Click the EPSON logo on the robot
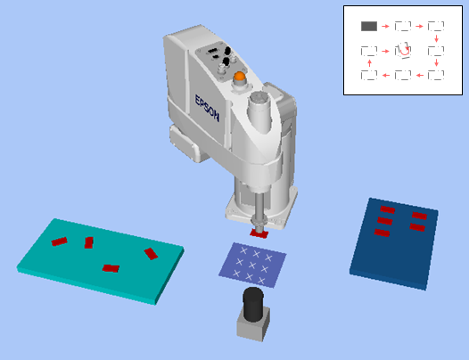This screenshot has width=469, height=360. coord(207,108)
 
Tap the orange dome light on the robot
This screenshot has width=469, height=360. coord(240,76)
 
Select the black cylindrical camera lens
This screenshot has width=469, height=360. coord(253,304)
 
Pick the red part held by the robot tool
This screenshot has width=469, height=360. coord(259,233)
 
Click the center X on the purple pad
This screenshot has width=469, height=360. coord(252,265)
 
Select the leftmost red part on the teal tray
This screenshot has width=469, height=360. coord(59,241)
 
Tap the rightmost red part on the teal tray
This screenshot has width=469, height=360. coord(151,254)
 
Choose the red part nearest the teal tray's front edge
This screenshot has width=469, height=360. coord(111,268)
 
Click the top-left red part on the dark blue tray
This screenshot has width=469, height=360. coord(388,209)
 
